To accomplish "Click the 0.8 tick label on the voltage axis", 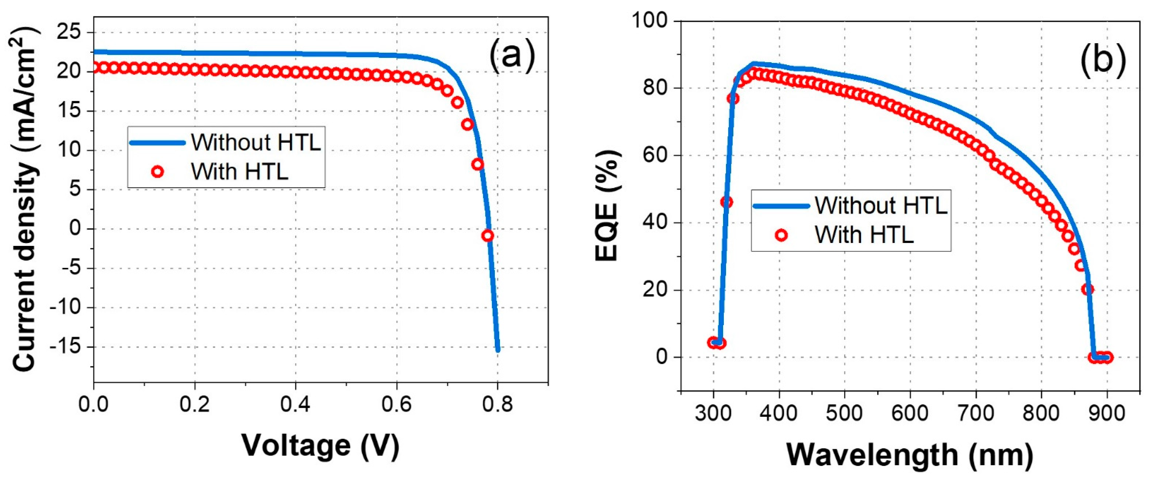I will click(x=497, y=405).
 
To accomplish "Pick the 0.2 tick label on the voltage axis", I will click(x=195, y=405).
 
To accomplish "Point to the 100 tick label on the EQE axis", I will click(x=649, y=21).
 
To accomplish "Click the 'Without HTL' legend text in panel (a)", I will click(x=256, y=142).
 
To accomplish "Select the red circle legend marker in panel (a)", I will click(x=157, y=172).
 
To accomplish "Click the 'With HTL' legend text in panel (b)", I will click(x=864, y=235).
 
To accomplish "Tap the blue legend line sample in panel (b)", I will click(x=781, y=206).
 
